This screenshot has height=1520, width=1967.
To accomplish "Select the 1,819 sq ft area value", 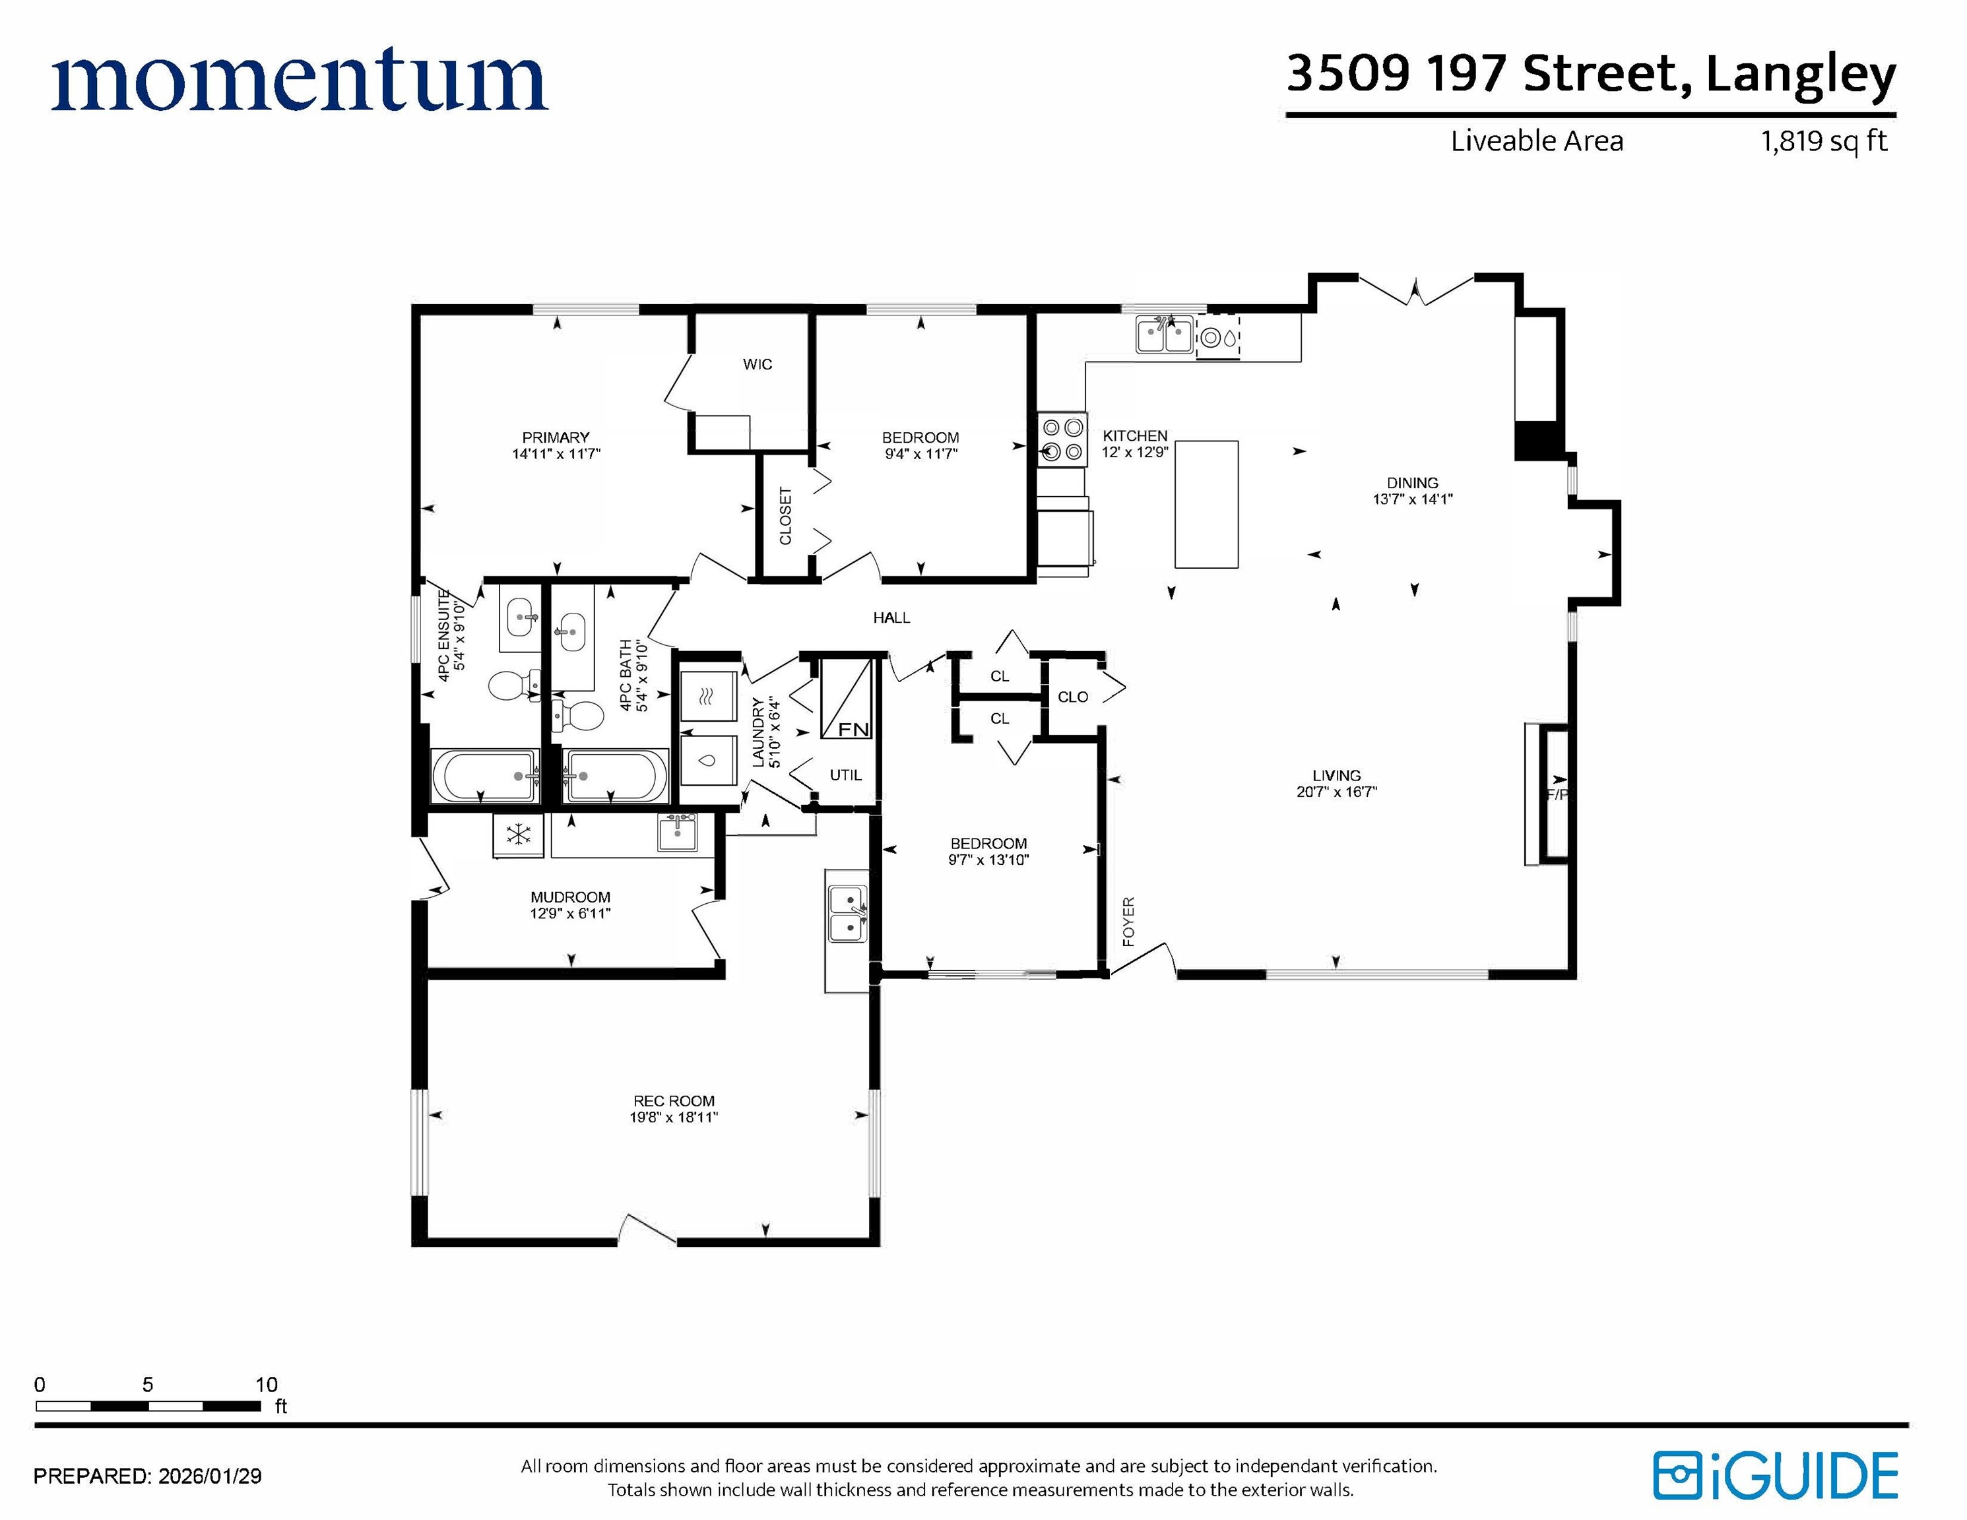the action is pyautogui.click(x=1824, y=141).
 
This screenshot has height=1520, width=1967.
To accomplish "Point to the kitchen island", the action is pyautogui.click(x=1206, y=504).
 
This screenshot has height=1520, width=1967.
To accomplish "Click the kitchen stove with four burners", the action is pyautogui.click(x=1062, y=439).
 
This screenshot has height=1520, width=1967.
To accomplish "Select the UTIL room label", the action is pyautogui.click(x=846, y=775).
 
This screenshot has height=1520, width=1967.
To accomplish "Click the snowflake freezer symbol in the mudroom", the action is pyautogui.click(x=518, y=835).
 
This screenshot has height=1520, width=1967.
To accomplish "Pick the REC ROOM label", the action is pyautogui.click(x=674, y=1100).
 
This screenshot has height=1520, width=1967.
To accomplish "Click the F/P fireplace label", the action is pyautogui.click(x=1557, y=794).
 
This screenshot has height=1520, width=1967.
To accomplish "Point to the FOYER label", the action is pyautogui.click(x=1128, y=921).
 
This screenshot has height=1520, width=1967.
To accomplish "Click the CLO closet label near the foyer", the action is pyautogui.click(x=1073, y=697).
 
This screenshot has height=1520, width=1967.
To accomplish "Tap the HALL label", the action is pyautogui.click(x=891, y=617).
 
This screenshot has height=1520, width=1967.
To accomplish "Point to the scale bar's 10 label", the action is pyautogui.click(x=267, y=1384).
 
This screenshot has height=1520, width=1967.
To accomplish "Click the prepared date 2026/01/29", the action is pyautogui.click(x=210, y=1476).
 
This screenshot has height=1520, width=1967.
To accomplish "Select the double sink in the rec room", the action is pyautogui.click(x=847, y=913).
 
